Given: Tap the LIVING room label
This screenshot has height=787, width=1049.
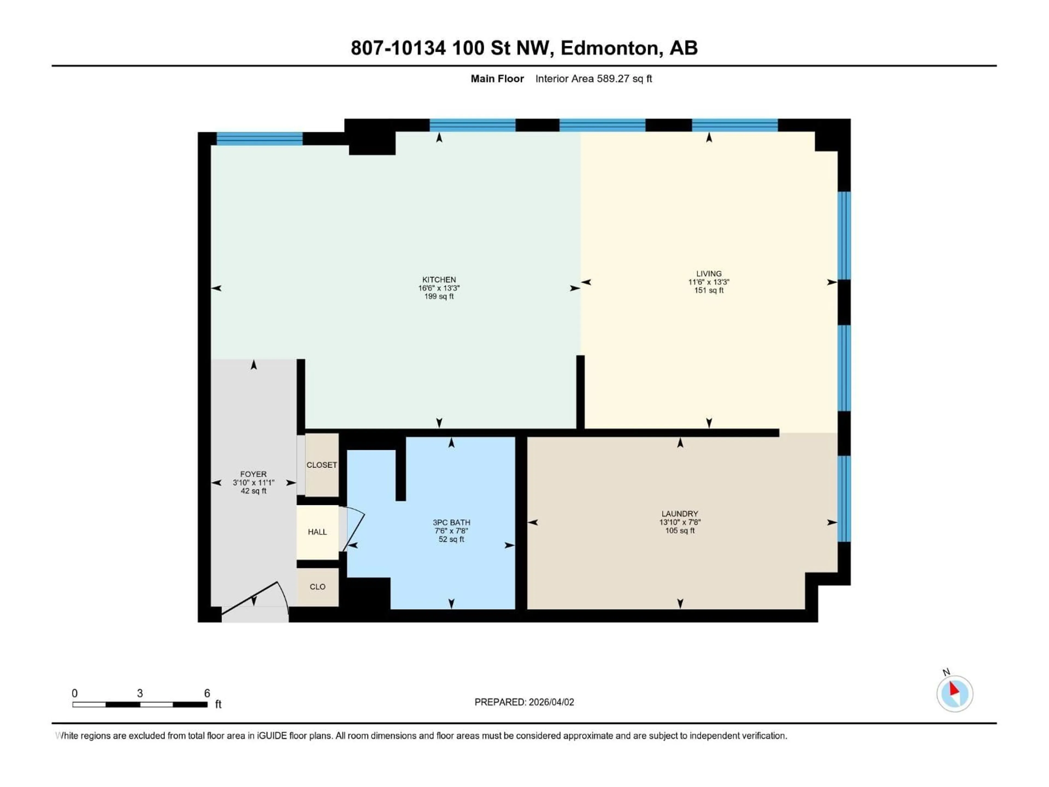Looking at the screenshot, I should click(x=709, y=274).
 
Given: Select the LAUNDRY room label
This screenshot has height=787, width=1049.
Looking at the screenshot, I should click(x=680, y=514).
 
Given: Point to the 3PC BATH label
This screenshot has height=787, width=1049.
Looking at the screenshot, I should click(x=451, y=522).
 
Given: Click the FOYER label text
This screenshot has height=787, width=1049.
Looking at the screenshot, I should click(x=253, y=474).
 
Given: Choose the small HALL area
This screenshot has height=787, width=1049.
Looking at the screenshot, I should click(x=317, y=532).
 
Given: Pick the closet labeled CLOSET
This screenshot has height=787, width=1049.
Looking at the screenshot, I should click(x=322, y=465).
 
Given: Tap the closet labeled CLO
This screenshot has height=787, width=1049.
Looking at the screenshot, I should click(x=317, y=587).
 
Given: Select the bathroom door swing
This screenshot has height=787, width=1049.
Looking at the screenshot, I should click(x=355, y=529).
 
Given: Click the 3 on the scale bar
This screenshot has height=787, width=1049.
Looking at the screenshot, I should click(x=140, y=693).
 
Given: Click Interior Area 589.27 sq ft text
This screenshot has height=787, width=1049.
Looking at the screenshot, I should click(x=593, y=79).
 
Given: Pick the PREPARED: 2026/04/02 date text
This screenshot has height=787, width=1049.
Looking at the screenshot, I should click(x=524, y=702).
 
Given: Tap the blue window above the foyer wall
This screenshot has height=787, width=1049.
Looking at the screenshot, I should click(x=260, y=139).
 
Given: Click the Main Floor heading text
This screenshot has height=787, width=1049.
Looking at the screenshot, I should click(x=497, y=79).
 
